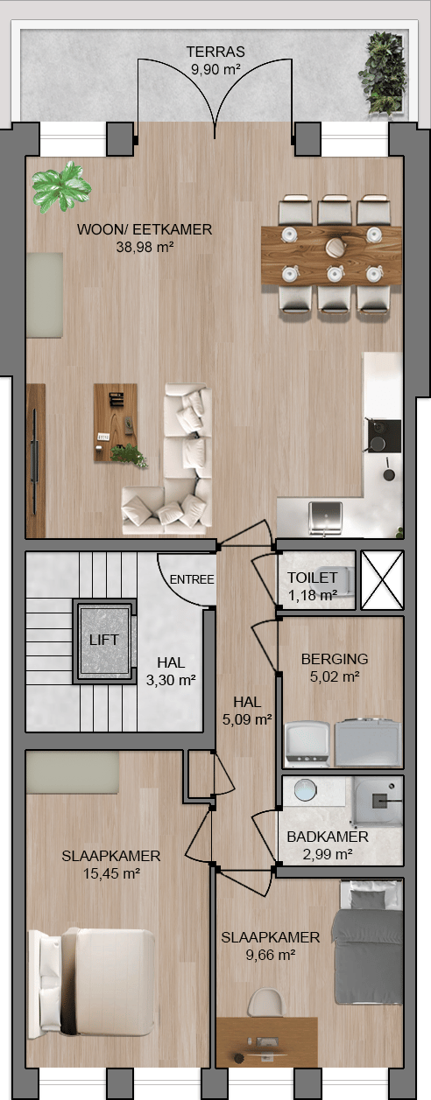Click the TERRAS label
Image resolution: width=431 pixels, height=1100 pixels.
(x=215, y=52)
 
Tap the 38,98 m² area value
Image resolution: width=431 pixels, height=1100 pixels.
(x=145, y=247)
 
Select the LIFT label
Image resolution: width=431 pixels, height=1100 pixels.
(x=103, y=640)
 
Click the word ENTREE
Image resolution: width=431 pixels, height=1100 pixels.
(x=192, y=579)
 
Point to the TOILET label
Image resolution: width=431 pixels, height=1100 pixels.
(x=312, y=578)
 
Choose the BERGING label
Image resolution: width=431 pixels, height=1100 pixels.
(x=335, y=659)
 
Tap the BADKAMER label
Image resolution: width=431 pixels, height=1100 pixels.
(x=328, y=837)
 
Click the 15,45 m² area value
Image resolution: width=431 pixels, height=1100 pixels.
(x=111, y=873)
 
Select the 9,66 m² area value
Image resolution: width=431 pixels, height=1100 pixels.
(x=271, y=955)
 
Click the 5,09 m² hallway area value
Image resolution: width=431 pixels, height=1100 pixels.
(x=247, y=720)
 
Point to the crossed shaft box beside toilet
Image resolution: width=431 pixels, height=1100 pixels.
(x=382, y=580)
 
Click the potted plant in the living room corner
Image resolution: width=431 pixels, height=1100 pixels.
(x=61, y=187)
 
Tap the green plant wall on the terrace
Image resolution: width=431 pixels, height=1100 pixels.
(x=384, y=74)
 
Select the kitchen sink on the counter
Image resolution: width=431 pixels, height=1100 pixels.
(x=325, y=516)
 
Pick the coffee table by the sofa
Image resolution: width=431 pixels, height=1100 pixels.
(x=116, y=424)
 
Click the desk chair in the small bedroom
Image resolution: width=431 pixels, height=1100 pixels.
(x=267, y=1002)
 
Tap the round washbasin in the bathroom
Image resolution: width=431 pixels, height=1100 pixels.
(x=305, y=790)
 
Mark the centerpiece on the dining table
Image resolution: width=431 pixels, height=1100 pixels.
(x=336, y=247)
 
